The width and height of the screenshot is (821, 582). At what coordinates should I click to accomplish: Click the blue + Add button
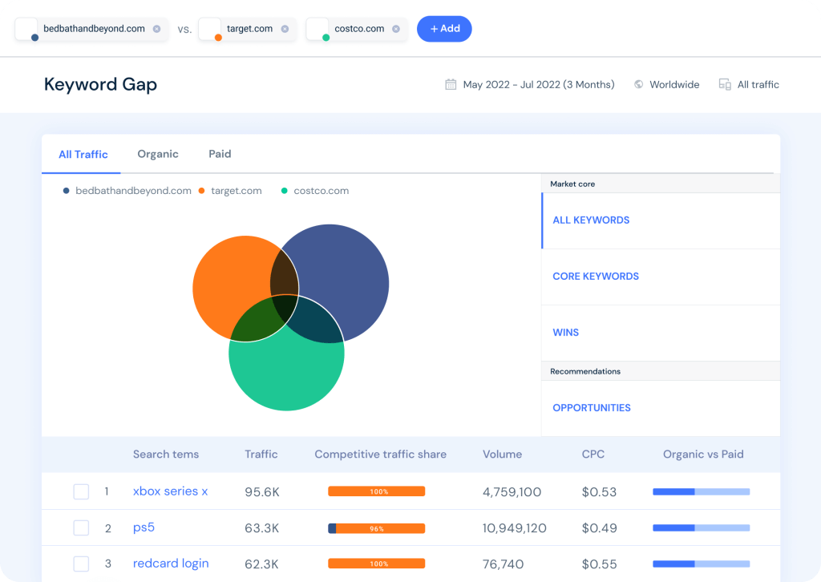pyautogui.click(x=444, y=29)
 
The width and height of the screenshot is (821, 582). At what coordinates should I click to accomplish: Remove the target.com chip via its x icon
pyautogui.click(x=285, y=29)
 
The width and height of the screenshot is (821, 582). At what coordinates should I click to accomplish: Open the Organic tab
pyautogui.click(x=158, y=154)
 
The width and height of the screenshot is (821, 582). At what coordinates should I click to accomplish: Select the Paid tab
pyautogui.click(x=220, y=154)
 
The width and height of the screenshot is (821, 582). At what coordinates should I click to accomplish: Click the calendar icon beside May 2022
pyautogui.click(x=451, y=84)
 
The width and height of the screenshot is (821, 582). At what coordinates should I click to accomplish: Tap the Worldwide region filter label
pyautogui.click(x=674, y=84)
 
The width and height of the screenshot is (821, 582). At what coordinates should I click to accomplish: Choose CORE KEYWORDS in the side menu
pyautogui.click(x=596, y=277)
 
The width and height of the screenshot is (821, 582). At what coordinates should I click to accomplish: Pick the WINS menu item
pyautogui.click(x=566, y=333)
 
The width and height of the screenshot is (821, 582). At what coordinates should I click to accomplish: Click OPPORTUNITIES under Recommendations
pyautogui.click(x=592, y=408)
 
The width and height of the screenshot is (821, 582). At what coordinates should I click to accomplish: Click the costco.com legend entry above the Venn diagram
pyautogui.click(x=321, y=191)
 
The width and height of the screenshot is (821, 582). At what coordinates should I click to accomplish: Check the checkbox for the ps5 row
pyautogui.click(x=81, y=528)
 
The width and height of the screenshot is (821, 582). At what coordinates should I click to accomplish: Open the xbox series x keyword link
pyautogui.click(x=170, y=491)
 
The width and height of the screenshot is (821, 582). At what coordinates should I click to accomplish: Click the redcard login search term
pyautogui.click(x=171, y=564)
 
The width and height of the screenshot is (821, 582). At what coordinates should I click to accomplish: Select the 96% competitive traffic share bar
pyautogui.click(x=376, y=528)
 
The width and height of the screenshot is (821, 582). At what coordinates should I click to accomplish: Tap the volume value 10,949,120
pyautogui.click(x=515, y=528)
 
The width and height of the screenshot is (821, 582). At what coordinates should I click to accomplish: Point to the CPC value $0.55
pyautogui.click(x=599, y=564)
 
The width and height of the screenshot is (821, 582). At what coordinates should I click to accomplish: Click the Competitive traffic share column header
pyautogui.click(x=380, y=455)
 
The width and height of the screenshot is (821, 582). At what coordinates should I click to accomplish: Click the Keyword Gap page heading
pyautogui.click(x=100, y=84)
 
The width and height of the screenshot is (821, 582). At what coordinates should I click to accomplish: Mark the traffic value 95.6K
pyautogui.click(x=262, y=491)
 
